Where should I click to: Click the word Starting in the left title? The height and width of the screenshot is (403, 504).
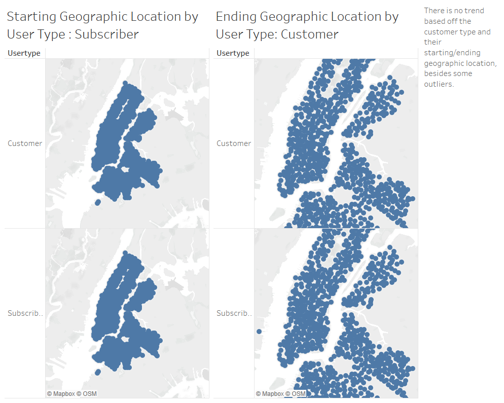[x=31, y=17]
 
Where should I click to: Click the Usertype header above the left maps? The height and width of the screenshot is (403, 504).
[x=24, y=53]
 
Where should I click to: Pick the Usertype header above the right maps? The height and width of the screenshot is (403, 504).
[x=233, y=53]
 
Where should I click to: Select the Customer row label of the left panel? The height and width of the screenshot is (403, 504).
[x=25, y=143]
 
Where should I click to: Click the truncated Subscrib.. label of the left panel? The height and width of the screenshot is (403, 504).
[x=26, y=313]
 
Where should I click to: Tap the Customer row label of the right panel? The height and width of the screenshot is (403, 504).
[x=234, y=143]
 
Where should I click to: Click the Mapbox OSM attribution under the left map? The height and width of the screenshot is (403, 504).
[x=72, y=394]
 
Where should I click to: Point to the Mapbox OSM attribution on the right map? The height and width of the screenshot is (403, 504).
[x=281, y=394]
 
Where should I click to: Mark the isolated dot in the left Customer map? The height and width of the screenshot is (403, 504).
[x=97, y=203]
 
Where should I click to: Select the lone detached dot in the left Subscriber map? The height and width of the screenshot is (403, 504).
[x=97, y=373]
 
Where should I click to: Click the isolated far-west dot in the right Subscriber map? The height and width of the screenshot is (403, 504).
[x=259, y=332]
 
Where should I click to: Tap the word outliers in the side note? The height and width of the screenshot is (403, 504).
[x=439, y=84]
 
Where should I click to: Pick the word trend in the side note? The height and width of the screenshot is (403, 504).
[x=474, y=11]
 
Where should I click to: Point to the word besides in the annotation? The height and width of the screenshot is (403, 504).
[x=436, y=74]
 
